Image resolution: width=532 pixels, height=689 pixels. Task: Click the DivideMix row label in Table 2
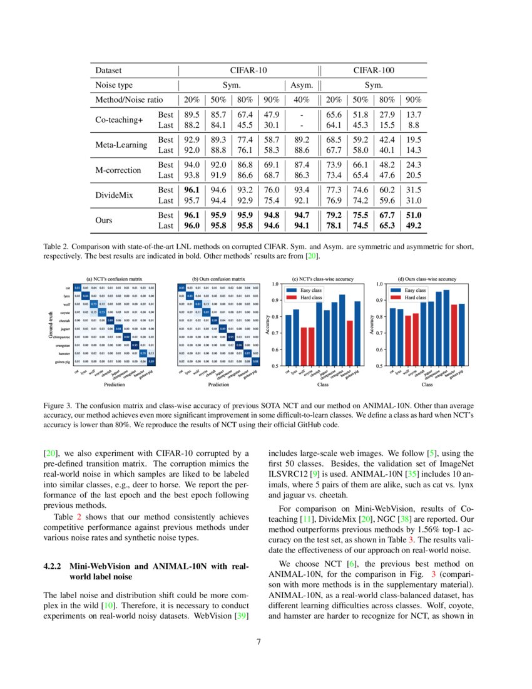115,195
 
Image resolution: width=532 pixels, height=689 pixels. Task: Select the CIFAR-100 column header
374,71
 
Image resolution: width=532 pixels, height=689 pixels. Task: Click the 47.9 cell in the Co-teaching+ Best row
270,115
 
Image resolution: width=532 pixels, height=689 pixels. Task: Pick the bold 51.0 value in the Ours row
414,215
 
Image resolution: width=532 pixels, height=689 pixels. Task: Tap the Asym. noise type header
301,85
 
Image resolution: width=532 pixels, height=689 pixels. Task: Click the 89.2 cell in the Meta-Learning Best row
301,140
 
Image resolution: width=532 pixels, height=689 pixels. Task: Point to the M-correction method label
118,170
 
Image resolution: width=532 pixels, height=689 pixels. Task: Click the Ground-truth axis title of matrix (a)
51,324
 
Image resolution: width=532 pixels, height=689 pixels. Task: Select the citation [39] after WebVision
240,617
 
